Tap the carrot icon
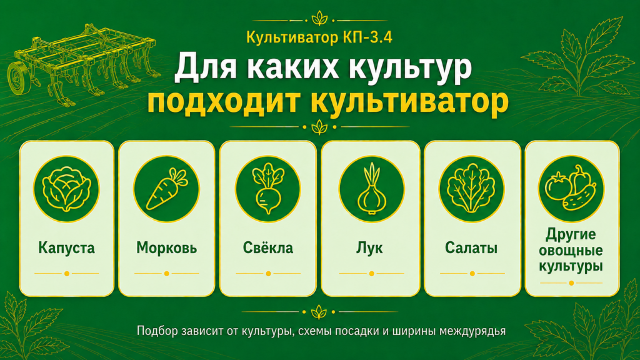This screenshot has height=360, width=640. (166, 189)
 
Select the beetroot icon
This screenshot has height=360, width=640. (267, 188)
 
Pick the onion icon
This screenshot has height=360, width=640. (371, 188)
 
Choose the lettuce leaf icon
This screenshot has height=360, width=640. (471, 188)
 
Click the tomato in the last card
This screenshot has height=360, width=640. (558, 186)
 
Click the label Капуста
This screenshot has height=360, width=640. (66, 247)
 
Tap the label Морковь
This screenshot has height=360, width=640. (166, 247)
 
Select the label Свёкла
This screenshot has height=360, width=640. (267, 247)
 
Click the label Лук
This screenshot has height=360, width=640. (370, 247)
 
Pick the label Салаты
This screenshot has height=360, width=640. (471, 247)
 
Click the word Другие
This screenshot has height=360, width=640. (571, 235)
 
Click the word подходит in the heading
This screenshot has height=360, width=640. (224, 101)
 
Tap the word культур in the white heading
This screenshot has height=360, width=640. (407, 67)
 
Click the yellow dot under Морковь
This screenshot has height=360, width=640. (166, 274)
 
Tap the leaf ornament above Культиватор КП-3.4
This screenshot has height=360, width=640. (319, 19)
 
